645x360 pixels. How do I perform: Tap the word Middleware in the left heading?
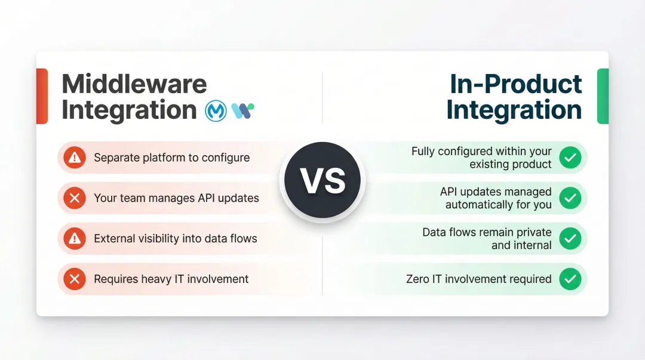pos(134,84)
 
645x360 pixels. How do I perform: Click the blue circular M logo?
pos(216,110)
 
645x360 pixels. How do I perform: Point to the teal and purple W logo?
pos(242,110)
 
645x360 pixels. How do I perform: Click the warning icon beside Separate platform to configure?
pos(75,158)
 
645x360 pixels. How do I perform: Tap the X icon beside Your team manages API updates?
pos(75,198)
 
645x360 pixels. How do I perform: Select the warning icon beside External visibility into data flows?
pos(75,239)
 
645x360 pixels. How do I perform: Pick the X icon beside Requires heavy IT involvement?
pos(75,279)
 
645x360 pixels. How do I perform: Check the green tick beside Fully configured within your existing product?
pos(570,158)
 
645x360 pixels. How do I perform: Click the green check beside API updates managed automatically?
pos(570,198)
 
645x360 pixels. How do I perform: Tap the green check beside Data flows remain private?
pos(570,239)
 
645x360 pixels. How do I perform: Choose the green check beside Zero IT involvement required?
pos(570,279)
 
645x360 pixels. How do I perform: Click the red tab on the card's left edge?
pos(42,96)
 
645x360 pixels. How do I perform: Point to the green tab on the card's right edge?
pos(603,96)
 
